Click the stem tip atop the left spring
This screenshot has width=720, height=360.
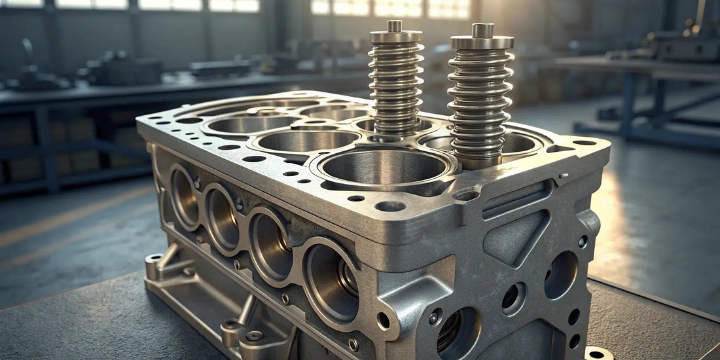click(395, 26)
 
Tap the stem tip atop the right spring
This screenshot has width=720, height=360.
click(482, 29)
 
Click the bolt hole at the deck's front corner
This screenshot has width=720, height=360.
click(390, 206)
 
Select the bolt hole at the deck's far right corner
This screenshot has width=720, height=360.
click(585, 142)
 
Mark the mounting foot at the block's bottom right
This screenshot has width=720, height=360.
click(598, 353)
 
